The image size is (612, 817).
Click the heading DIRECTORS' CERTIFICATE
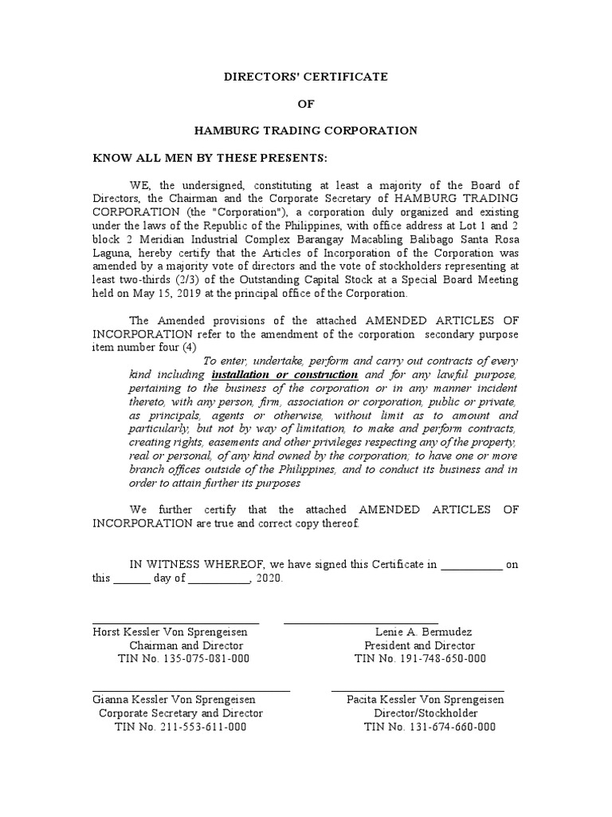[x=305, y=77]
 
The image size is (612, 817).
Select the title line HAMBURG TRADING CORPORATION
[x=306, y=129]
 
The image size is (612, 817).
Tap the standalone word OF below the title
[x=306, y=103]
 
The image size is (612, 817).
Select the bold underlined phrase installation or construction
[x=284, y=375]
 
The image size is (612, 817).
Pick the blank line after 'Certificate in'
[x=472, y=564]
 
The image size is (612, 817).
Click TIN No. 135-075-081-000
[x=183, y=658]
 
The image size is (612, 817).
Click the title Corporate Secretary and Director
[x=180, y=713]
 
